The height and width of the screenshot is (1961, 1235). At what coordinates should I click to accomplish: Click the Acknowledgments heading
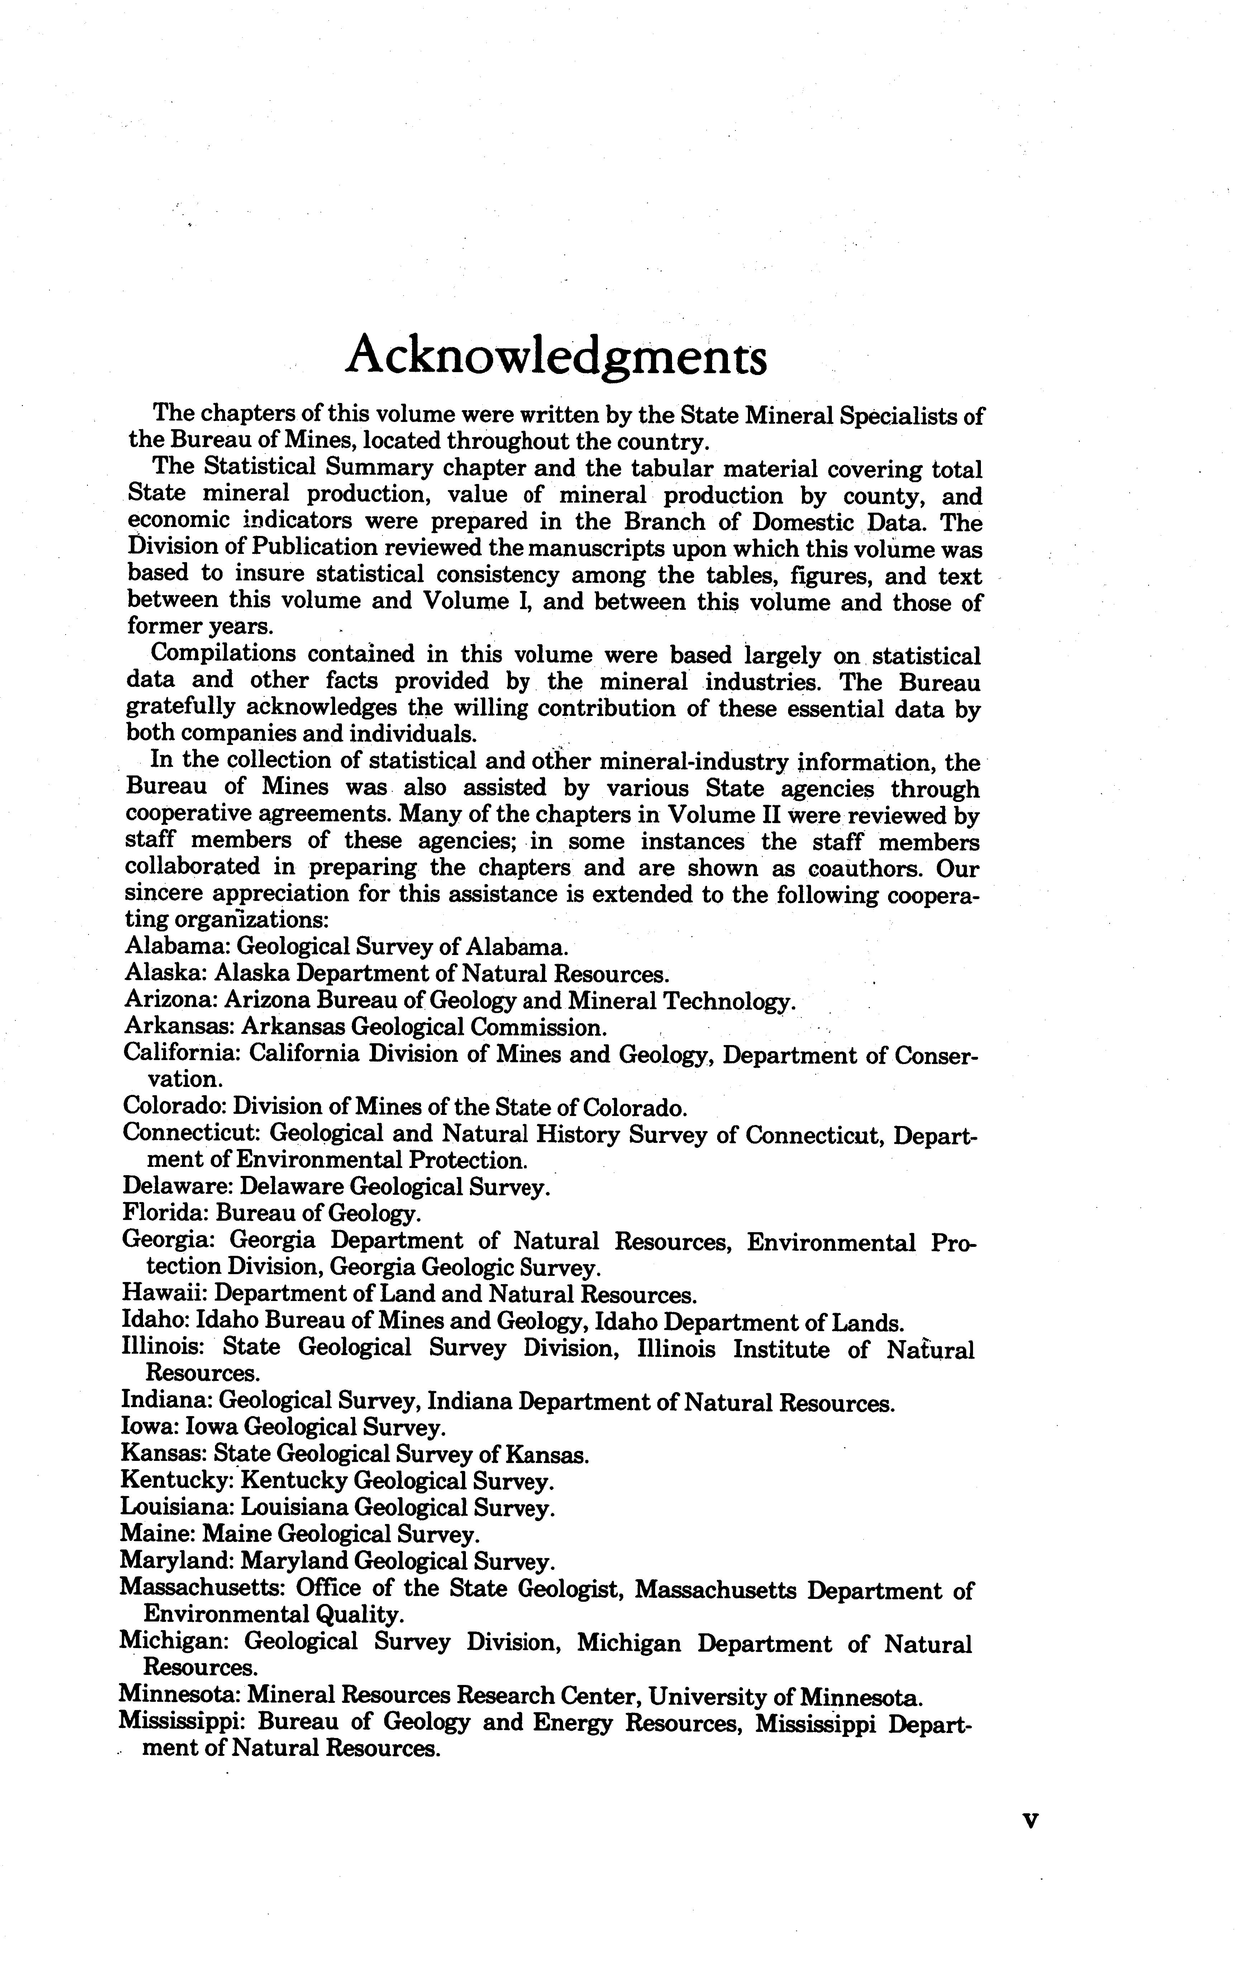pos(556,356)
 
